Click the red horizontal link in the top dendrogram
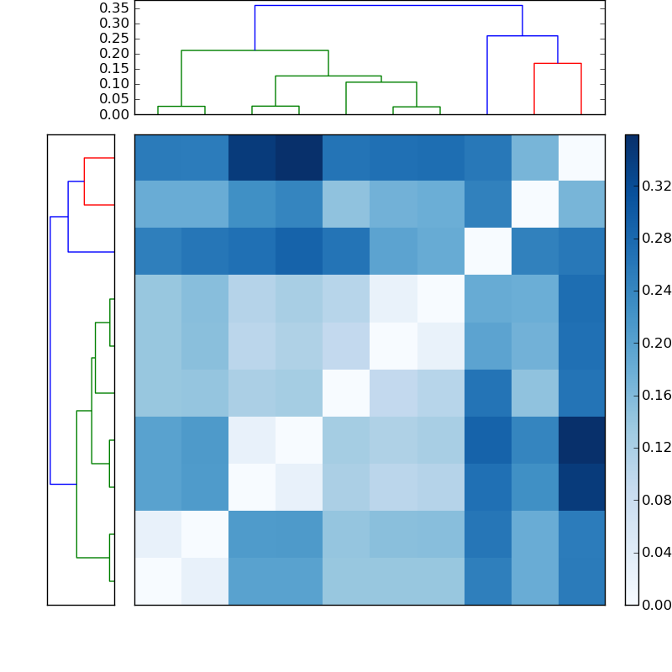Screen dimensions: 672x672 [x=558, y=63]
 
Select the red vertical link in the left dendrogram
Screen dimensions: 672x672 [x=84, y=181]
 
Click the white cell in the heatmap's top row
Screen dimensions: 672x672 [x=581, y=158]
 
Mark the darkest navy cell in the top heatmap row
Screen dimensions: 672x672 [x=299, y=158]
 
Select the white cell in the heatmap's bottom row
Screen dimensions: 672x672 [x=158, y=581]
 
